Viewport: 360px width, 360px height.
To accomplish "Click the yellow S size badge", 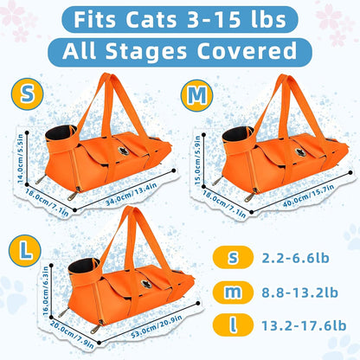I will [28, 91].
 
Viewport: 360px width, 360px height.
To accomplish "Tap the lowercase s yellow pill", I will [232, 256].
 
